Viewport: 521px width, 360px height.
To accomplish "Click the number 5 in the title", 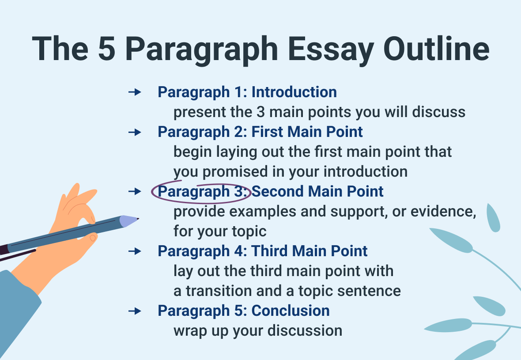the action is click(x=107, y=49).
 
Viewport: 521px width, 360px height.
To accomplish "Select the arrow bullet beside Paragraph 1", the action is click(x=135, y=92).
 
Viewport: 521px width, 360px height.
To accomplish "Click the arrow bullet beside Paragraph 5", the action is click(x=135, y=311).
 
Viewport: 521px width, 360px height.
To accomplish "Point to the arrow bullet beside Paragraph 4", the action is click(x=135, y=251).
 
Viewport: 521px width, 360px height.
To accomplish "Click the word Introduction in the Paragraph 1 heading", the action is click(x=294, y=92).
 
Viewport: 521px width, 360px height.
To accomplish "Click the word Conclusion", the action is click(x=291, y=311).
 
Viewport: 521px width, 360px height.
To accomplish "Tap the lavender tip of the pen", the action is click(x=128, y=221).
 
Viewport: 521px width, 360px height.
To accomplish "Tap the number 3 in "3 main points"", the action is click(x=260, y=112).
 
